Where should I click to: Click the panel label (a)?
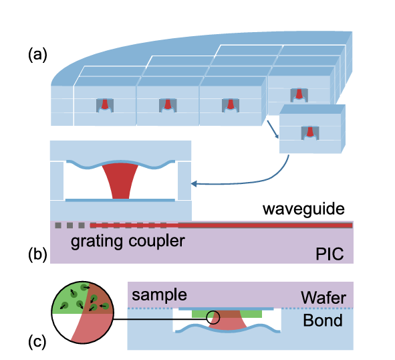point(37,55)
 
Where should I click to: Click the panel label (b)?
point(37,254)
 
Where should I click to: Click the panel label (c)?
point(37,342)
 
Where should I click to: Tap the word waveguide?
point(303,209)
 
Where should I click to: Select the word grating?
point(97,242)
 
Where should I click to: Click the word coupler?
point(156,242)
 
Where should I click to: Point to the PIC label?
point(330,254)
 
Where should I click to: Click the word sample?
point(159,295)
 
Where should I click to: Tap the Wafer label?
point(323,298)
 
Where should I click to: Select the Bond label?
point(323,320)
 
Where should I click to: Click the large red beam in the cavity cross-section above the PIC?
point(120,181)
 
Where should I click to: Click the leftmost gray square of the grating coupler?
point(58,226)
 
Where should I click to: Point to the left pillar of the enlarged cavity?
point(57,181)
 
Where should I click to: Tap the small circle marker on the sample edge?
point(213,318)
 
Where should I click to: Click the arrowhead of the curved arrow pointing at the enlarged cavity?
point(193,184)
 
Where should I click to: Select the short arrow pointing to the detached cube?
point(273,129)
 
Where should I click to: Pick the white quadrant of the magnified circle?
point(64,324)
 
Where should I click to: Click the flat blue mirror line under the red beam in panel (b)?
point(120,200)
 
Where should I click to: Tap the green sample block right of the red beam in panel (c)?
point(251,314)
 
